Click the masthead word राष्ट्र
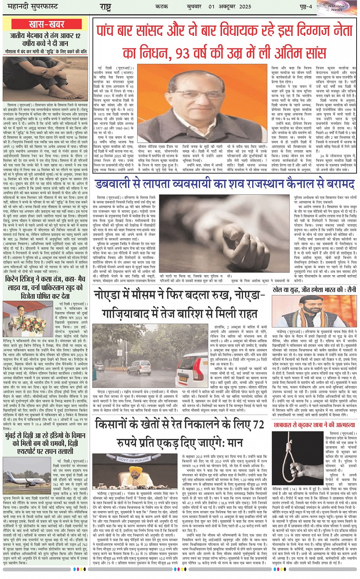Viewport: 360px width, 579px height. [105, 7]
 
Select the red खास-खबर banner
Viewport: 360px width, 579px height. [46, 24]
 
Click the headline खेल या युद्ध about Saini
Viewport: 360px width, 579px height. [315, 290]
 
